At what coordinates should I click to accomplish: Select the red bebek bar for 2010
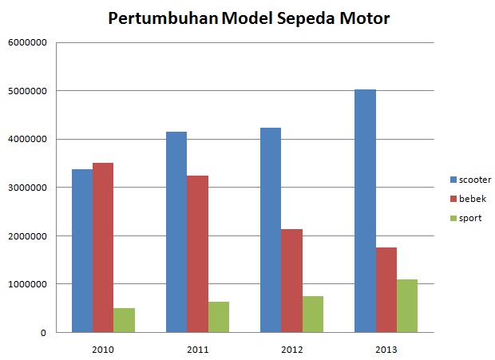[x=103, y=247]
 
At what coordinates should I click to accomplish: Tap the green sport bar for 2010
[x=124, y=320]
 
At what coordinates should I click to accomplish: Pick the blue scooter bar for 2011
[x=176, y=231]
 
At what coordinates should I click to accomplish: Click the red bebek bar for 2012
[x=291, y=280]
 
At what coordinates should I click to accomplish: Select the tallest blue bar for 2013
[x=365, y=211]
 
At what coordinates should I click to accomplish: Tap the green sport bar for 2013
[x=406, y=306]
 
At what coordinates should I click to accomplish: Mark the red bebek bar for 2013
[x=386, y=290]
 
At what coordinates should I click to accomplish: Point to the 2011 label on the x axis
[x=197, y=349]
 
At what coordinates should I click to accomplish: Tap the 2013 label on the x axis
[x=386, y=349]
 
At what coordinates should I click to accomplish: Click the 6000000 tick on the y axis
[x=27, y=42]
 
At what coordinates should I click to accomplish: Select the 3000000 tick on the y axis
[x=27, y=188]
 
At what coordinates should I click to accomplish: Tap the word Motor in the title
[x=364, y=18]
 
